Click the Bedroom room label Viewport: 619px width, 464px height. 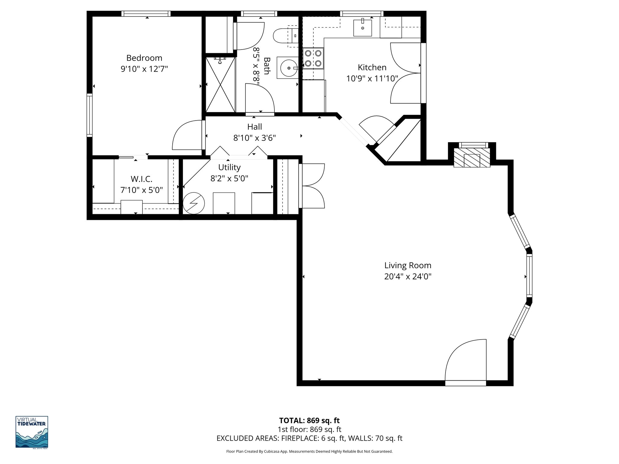tap(144, 58)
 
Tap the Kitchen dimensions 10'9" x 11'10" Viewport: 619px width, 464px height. tap(372, 79)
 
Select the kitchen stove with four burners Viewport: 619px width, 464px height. tap(313, 58)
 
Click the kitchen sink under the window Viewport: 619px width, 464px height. tap(362, 27)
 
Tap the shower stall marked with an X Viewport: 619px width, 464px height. tap(220, 85)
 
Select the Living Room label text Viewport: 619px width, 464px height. tap(407, 266)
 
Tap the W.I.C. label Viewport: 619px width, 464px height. tap(141, 179)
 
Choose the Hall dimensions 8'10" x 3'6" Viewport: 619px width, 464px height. tap(254, 138)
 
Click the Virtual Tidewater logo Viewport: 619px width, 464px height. tap(32, 432)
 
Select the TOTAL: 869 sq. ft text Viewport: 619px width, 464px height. tap(309, 420)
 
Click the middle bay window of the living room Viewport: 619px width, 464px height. tap(529, 276)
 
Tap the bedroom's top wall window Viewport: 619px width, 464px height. tap(146, 14)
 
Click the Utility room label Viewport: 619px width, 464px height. tap(229, 167)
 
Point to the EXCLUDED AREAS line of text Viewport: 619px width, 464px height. tap(309, 438)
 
